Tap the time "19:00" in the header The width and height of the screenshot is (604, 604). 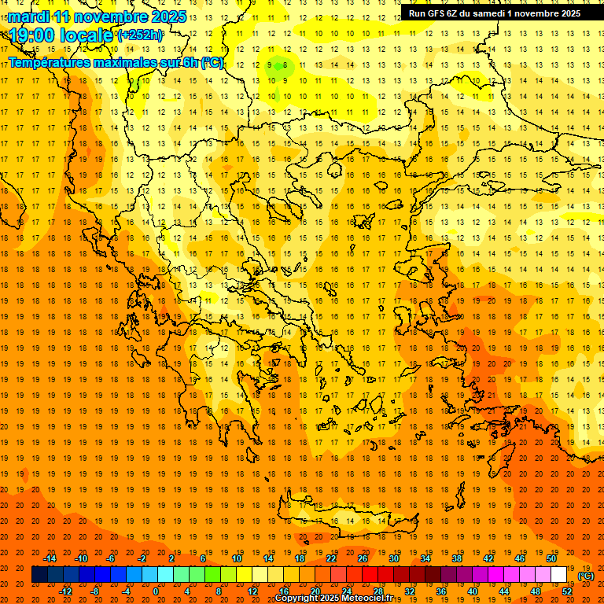click(x=33, y=35)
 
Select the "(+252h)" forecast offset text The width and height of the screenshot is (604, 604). click(x=140, y=35)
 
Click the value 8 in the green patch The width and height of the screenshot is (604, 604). click(x=285, y=65)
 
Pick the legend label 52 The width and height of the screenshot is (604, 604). click(x=567, y=591)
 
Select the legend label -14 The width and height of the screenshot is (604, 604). click(x=50, y=558)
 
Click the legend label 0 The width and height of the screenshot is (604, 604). click(x=156, y=591)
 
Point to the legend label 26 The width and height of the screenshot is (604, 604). click(x=363, y=558)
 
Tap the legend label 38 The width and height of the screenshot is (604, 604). click(x=457, y=558)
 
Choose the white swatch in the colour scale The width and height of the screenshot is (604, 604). click(x=559, y=575)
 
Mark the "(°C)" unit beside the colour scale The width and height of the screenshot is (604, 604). click(x=586, y=576)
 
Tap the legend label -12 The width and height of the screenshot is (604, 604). click(x=66, y=591)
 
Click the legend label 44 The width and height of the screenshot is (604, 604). click(x=504, y=591)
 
